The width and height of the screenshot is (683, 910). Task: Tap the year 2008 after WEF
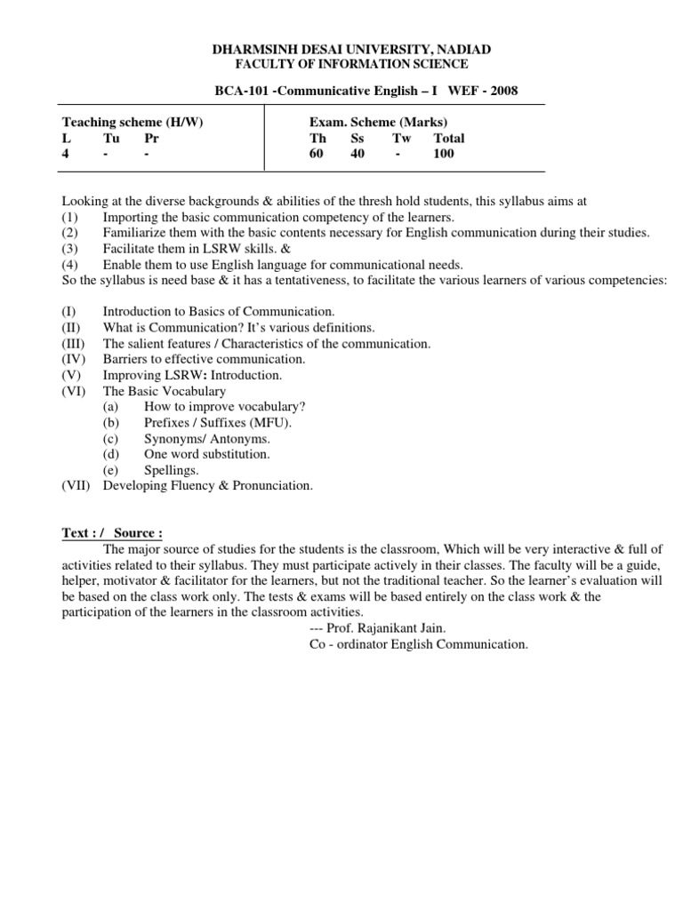[x=501, y=91]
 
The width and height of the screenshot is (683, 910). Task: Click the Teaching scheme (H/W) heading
[x=133, y=122]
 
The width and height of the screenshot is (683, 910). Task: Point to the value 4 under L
[x=65, y=153]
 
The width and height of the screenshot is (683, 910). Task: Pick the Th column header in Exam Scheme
[x=317, y=138]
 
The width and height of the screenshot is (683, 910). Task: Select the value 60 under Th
[x=317, y=153]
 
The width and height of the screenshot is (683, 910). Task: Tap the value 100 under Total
[x=443, y=153]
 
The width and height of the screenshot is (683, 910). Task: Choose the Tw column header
[x=401, y=138]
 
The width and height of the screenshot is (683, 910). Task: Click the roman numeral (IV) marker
[x=75, y=359]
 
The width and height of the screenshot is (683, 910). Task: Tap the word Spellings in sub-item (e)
[x=171, y=470]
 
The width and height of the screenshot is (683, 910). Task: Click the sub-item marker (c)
[x=110, y=438]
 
